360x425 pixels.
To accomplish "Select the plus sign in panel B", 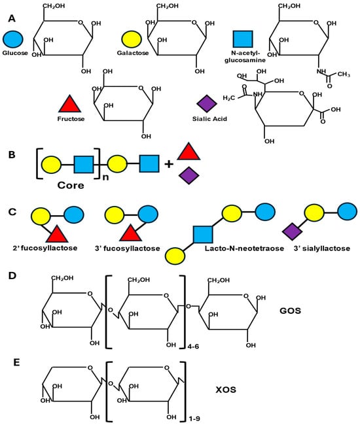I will click(x=169, y=163).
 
